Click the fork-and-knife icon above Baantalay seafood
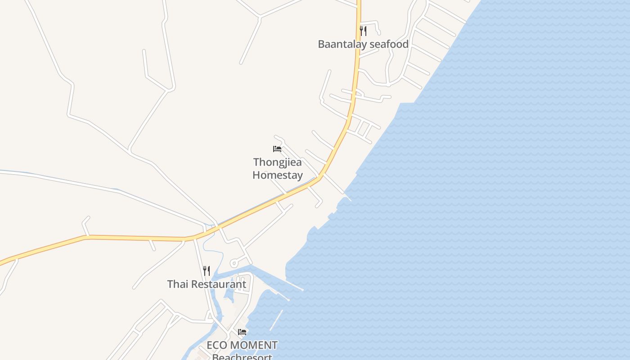tap(363, 31)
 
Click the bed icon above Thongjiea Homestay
tap(277, 149)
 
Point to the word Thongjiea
tap(277, 162)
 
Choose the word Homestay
tap(277, 175)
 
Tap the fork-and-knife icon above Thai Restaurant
tap(207, 270)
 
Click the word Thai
tap(176, 284)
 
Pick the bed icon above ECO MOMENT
tap(242, 332)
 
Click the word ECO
tap(217, 346)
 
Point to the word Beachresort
tap(242, 357)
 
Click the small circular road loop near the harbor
tap(234, 263)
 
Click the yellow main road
tap(135, 238)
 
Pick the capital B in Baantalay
tap(321, 44)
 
